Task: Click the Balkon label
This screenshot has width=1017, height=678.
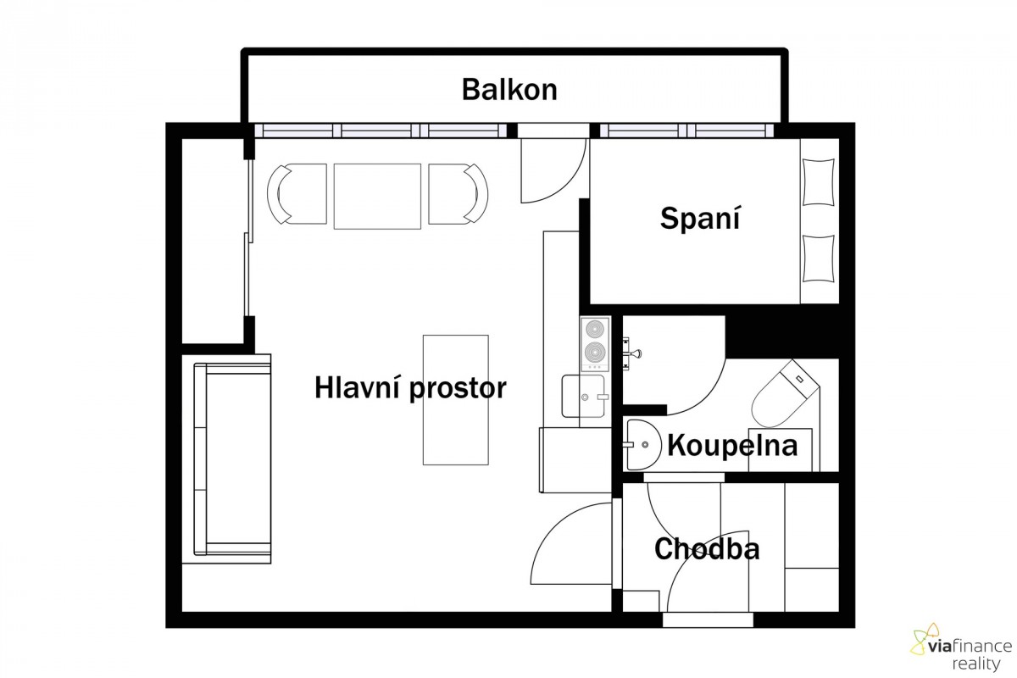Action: click(509, 90)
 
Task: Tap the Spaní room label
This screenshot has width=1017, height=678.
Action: click(700, 219)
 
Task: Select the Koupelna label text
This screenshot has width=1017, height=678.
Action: click(732, 446)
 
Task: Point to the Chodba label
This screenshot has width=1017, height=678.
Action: click(707, 549)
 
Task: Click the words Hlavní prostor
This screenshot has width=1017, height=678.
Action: click(410, 388)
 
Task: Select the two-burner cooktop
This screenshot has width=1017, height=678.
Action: click(595, 344)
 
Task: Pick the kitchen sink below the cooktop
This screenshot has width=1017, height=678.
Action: click(583, 396)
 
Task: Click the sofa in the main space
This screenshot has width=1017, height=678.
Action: click(232, 458)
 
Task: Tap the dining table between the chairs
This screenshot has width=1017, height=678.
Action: click(377, 196)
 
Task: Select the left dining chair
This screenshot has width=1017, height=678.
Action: click(297, 194)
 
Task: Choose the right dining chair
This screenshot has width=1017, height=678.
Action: click(458, 194)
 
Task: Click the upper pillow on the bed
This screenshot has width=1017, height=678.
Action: click(819, 182)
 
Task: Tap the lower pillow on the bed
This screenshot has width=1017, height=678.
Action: click(819, 258)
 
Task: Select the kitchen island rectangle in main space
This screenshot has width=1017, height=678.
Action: click(456, 400)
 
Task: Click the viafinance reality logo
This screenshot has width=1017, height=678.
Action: click(961, 647)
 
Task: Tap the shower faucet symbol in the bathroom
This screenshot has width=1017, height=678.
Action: click(631, 353)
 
